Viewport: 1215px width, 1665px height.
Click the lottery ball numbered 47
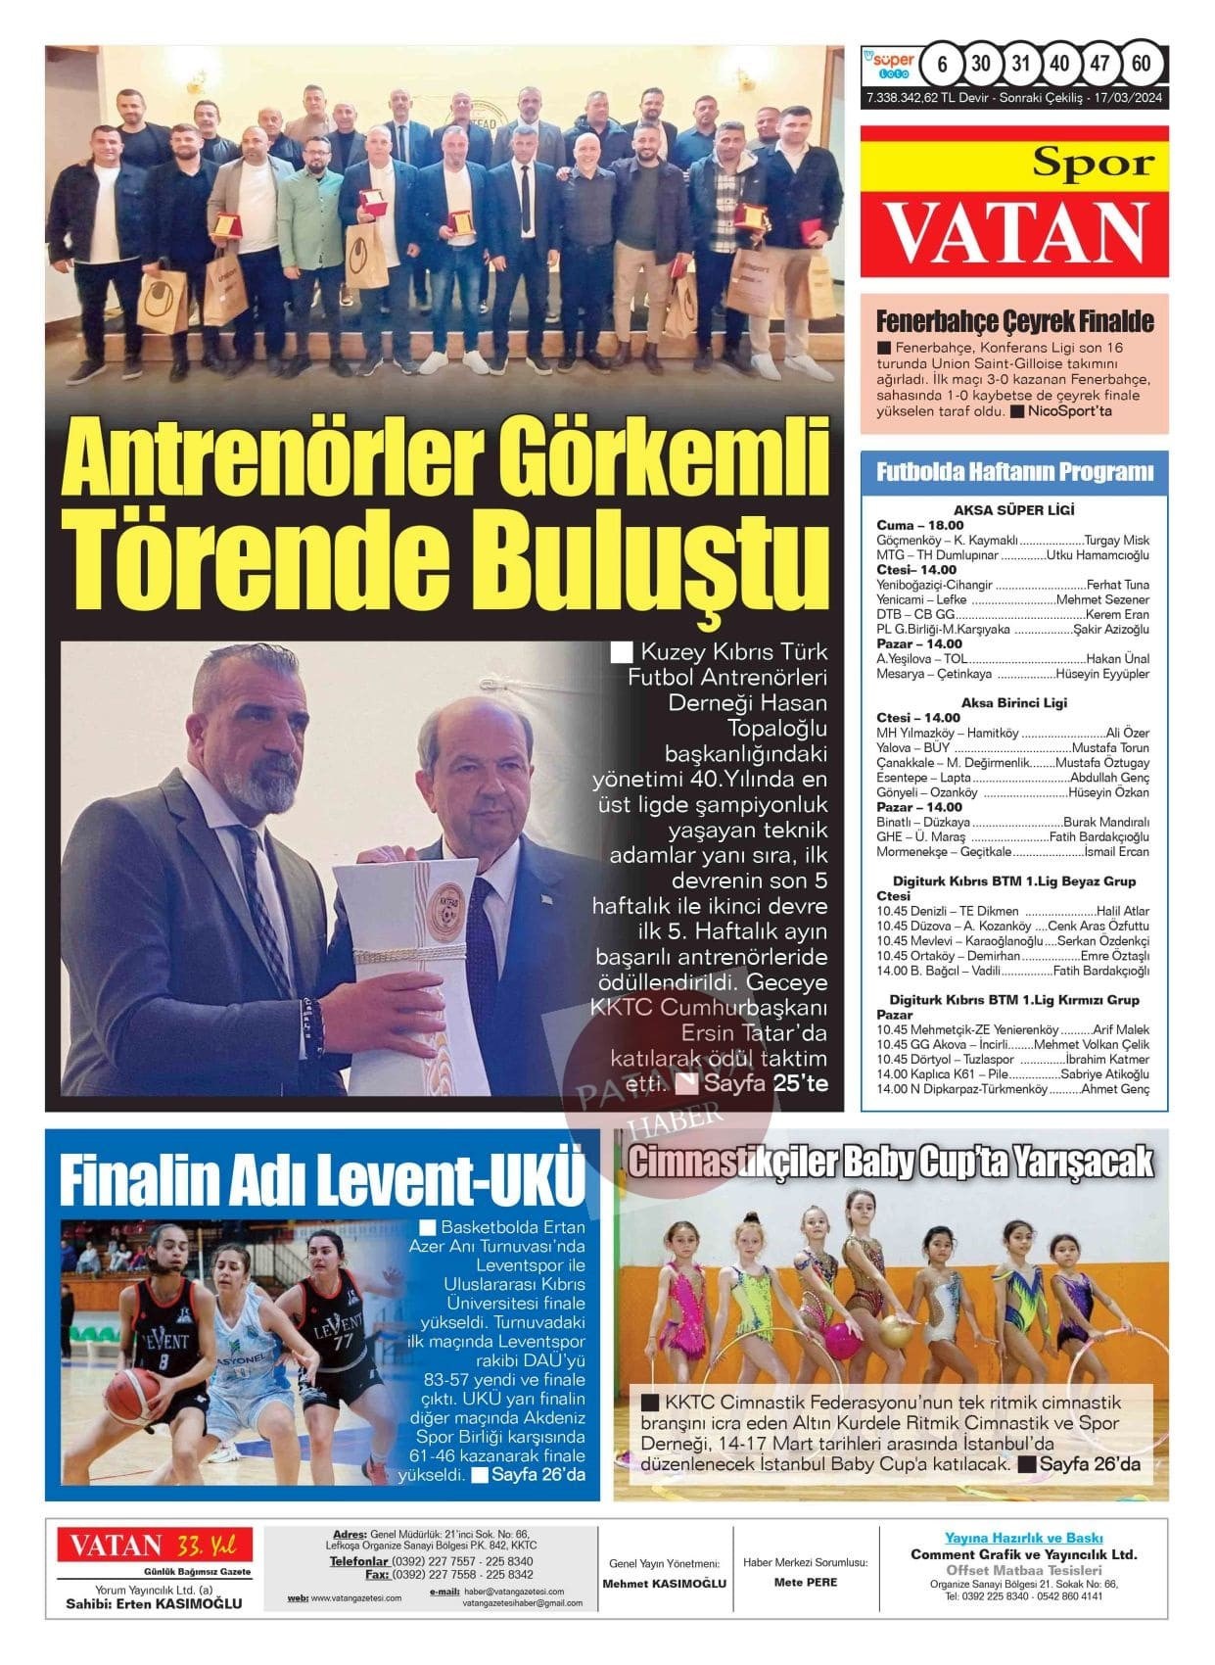[1099, 65]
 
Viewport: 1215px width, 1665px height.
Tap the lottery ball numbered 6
[942, 65]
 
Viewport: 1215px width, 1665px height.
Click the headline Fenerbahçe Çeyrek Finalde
[1014, 321]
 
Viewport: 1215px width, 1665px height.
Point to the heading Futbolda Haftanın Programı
[1014, 472]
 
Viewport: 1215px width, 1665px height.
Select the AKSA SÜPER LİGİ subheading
[1013, 510]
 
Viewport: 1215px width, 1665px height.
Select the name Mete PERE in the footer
[806, 1582]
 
